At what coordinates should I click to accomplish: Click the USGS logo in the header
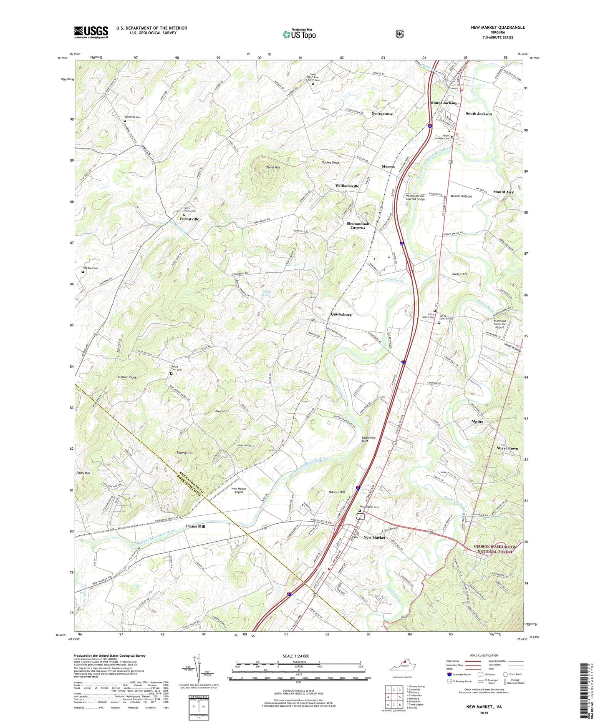click(x=91, y=32)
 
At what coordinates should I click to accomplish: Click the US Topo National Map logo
click(x=299, y=34)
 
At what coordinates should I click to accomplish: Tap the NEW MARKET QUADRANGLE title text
click(x=497, y=28)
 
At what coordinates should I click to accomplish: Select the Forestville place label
click(x=189, y=219)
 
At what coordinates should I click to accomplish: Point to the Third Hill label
click(x=273, y=167)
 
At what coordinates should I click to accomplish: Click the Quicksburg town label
click(x=341, y=314)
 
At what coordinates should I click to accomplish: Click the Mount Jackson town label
click(x=444, y=103)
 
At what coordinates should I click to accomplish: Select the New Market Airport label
click(x=239, y=490)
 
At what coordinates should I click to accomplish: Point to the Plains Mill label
click(x=195, y=527)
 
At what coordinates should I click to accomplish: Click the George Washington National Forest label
click(x=495, y=549)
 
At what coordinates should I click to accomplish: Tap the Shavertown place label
click(x=507, y=448)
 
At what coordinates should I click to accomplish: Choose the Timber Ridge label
click(x=127, y=377)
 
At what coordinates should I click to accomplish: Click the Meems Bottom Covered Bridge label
click(x=415, y=198)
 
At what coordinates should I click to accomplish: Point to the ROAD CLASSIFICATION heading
click(x=484, y=655)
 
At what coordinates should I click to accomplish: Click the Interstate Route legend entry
click(x=459, y=674)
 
